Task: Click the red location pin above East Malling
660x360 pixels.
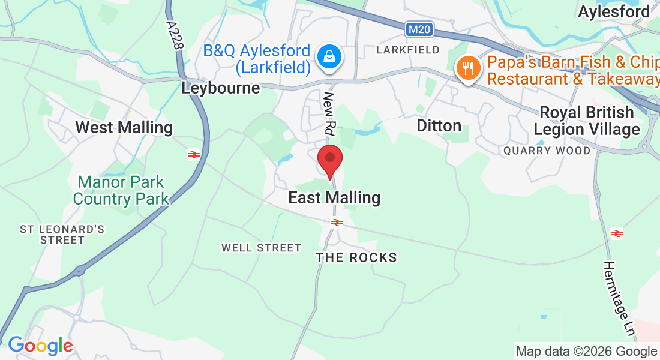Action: click(x=329, y=158)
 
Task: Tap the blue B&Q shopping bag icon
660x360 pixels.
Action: click(x=329, y=58)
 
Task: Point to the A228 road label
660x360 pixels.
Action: click(x=175, y=37)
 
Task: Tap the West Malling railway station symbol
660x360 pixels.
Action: click(x=193, y=155)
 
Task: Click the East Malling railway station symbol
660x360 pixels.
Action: click(x=337, y=223)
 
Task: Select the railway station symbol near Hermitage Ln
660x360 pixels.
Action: click(x=616, y=233)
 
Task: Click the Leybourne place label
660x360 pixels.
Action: click(x=221, y=88)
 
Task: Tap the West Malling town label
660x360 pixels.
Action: click(x=124, y=127)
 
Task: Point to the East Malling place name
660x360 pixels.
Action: click(x=334, y=197)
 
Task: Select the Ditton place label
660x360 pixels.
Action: click(x=439, y=125)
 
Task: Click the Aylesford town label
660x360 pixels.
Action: click(x=613, y=11)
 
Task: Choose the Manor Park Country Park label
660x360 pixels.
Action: click(x=121, y=190)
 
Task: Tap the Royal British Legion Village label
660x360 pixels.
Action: click(x=587, y=121)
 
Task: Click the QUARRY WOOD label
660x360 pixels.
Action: click(x=547, y=151)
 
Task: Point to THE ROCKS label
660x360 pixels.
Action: click(x=356, y=258)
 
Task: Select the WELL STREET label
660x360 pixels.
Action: click(x=261, y=248)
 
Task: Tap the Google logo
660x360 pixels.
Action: click(x=40, y=346)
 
